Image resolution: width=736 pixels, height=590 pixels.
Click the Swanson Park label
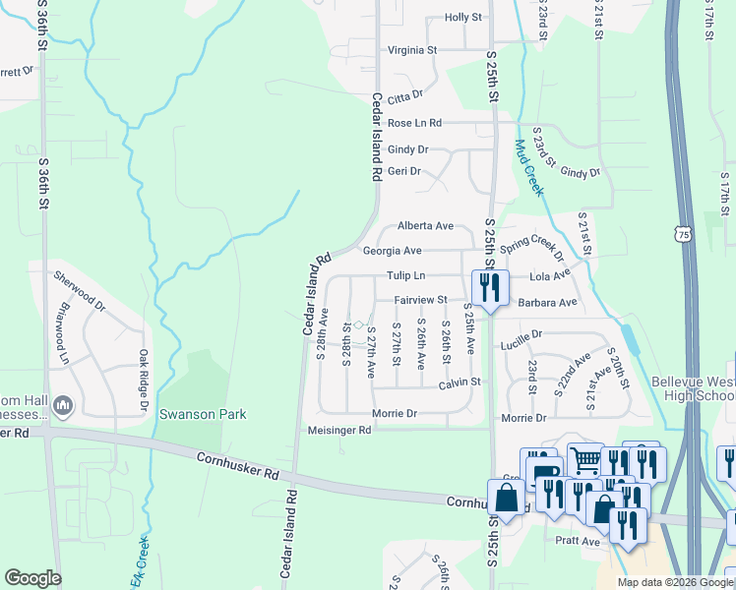(x=203, y=415)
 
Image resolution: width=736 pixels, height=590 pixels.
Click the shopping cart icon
(x=585, y=458)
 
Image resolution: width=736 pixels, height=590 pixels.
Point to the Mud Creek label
(x=527, y=167)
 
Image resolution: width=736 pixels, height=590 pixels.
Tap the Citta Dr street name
(x=404, y=95)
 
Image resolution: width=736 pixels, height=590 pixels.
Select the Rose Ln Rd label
(x=414, y=123)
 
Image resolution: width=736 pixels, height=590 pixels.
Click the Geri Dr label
(x=404, y=171)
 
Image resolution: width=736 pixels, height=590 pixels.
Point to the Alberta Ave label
(x=425, y=226)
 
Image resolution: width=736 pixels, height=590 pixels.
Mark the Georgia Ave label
(x=392, y=251)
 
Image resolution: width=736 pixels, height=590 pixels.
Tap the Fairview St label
(x=420, y=300)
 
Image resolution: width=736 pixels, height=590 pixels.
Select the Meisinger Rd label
(x=337, y=430)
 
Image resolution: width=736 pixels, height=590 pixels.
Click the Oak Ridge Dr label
(x=143, y=382)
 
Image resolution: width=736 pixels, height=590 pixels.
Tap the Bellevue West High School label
(x=693, y=388)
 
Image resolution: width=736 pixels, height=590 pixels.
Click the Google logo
(x=32, y=578)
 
